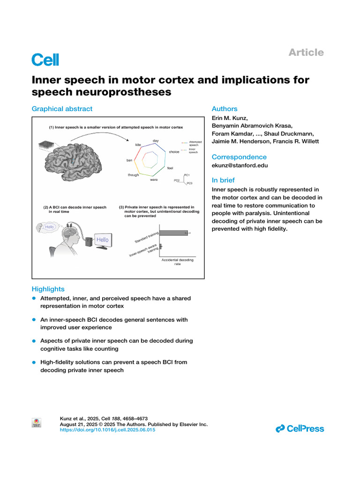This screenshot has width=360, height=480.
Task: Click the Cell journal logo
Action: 45,60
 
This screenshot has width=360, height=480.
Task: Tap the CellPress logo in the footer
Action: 300,428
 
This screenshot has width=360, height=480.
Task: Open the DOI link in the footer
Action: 108,429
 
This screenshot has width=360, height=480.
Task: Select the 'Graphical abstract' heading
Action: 62,109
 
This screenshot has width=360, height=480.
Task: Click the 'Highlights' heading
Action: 48,289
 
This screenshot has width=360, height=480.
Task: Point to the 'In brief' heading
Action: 223,180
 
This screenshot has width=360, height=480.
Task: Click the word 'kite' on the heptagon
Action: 138,145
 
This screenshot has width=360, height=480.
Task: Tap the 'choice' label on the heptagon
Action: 174,152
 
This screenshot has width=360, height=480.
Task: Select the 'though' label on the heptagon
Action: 134,175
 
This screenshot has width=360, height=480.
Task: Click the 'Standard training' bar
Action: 173,232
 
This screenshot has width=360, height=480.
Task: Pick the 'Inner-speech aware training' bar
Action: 160,246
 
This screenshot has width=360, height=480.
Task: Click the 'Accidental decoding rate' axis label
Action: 177,262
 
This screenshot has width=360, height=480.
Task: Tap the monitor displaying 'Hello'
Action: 102,240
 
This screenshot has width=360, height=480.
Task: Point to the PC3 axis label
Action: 189,183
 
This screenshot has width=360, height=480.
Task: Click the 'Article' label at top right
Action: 306,52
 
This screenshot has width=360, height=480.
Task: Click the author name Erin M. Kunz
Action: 230,118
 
